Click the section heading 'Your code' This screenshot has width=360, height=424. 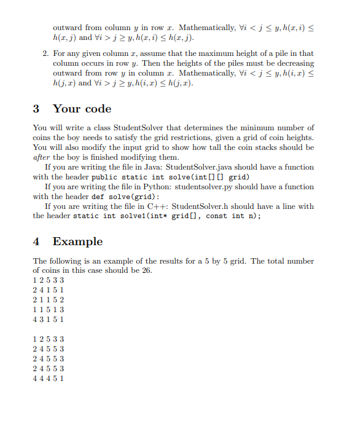click(x=82, y=109)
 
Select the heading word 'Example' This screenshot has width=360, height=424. click(x=77, y=241)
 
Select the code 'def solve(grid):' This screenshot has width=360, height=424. click(x=127, y=197)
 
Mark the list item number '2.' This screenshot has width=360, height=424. click(x=46, y=53)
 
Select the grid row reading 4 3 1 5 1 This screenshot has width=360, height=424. click(x=48, y=320)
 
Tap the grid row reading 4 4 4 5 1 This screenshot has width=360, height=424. click(x=48, y=379)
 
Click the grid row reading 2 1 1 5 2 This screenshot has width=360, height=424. click(x=48, y=300)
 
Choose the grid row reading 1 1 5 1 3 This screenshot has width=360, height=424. click(x=48, y=310)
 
